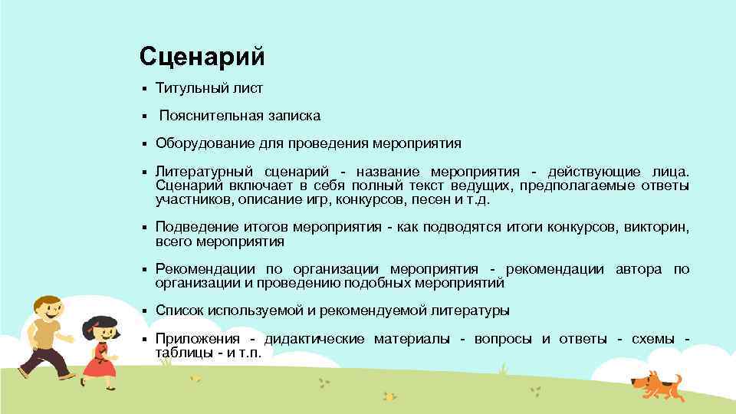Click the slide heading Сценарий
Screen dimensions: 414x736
pos(202,56)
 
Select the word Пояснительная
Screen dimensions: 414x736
pos(202,116)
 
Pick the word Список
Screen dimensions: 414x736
pos(177,310)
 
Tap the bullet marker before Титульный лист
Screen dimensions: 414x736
pos(143,89)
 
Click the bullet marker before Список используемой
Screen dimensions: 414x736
pos(143,311)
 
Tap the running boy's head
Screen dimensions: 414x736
pos(48,310)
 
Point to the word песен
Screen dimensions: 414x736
pos(435,199)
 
